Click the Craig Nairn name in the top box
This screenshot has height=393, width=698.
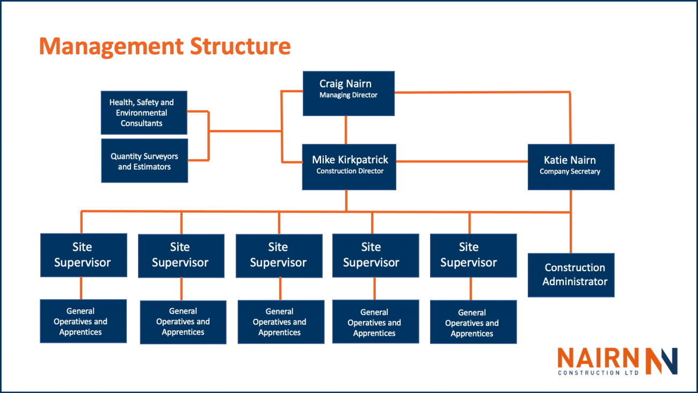(345, 84)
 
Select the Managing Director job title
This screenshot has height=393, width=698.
(348, 96)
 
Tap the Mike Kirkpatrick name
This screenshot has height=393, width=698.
(350, 160)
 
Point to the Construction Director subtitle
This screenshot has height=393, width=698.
(350, 171)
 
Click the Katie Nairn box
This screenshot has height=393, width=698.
(570, 166)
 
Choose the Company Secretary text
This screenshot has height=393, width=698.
(570, 172)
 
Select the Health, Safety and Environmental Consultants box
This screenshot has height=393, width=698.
(144, 113)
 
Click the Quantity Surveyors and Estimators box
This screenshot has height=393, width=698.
(144, 161)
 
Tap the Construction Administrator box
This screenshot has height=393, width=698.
(571, 275)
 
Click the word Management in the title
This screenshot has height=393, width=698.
(111, 47)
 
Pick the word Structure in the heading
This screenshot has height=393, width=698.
(240, 47)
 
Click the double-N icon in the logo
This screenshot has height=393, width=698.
(661, 361)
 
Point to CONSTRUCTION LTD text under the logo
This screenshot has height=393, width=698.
(598, 373)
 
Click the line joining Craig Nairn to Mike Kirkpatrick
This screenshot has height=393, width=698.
(346, 130)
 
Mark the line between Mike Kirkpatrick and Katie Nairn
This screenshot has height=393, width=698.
(462, 161)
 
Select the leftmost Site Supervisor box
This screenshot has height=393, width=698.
(83, 255)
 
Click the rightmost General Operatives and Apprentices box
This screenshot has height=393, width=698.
(473, 322)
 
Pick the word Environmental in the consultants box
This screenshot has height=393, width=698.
(142, 113)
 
